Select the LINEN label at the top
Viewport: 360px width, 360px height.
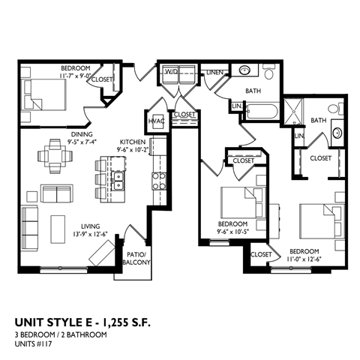(x=213, y=73)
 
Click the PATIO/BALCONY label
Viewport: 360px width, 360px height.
(x=137, y=258)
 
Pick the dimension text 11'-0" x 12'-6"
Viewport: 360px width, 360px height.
(x=304, y=259)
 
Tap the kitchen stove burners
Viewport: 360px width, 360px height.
(x=159, y=180)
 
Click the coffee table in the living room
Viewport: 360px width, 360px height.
(x=59, y=224)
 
